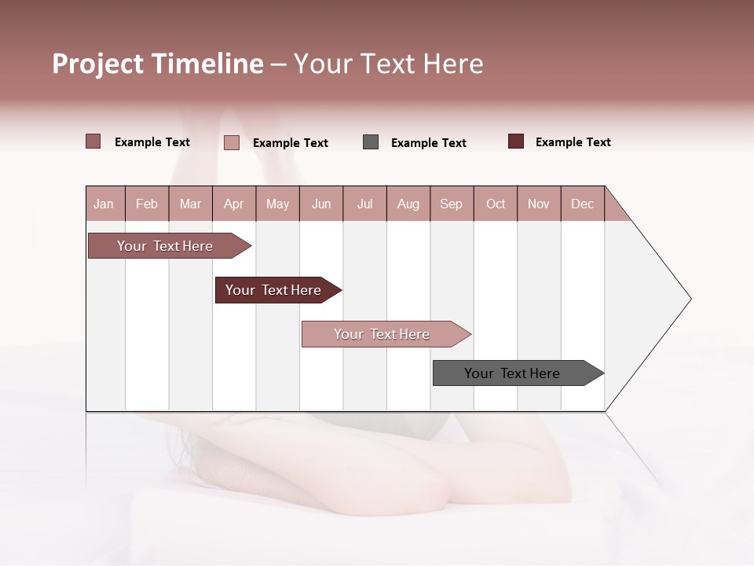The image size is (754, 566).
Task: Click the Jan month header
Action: [104, 204]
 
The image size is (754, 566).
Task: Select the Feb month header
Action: [147, 204]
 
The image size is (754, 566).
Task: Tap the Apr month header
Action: [233, 204]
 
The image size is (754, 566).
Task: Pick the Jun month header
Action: [321, 204]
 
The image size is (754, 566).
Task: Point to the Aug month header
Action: [408, 204]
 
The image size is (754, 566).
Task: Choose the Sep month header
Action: [451, 204]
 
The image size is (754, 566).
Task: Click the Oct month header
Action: [496, 204]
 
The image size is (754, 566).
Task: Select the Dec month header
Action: [582, 204]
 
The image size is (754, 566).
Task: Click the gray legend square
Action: [371, 142]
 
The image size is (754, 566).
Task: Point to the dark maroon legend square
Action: [516, 141]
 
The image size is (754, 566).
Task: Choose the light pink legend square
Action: [232, 142]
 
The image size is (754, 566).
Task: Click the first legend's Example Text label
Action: [152, 142]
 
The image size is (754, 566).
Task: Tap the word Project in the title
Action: [99, 64]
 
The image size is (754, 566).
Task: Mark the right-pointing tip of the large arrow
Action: [689, 299]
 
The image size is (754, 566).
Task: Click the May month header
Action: [277, 204]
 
